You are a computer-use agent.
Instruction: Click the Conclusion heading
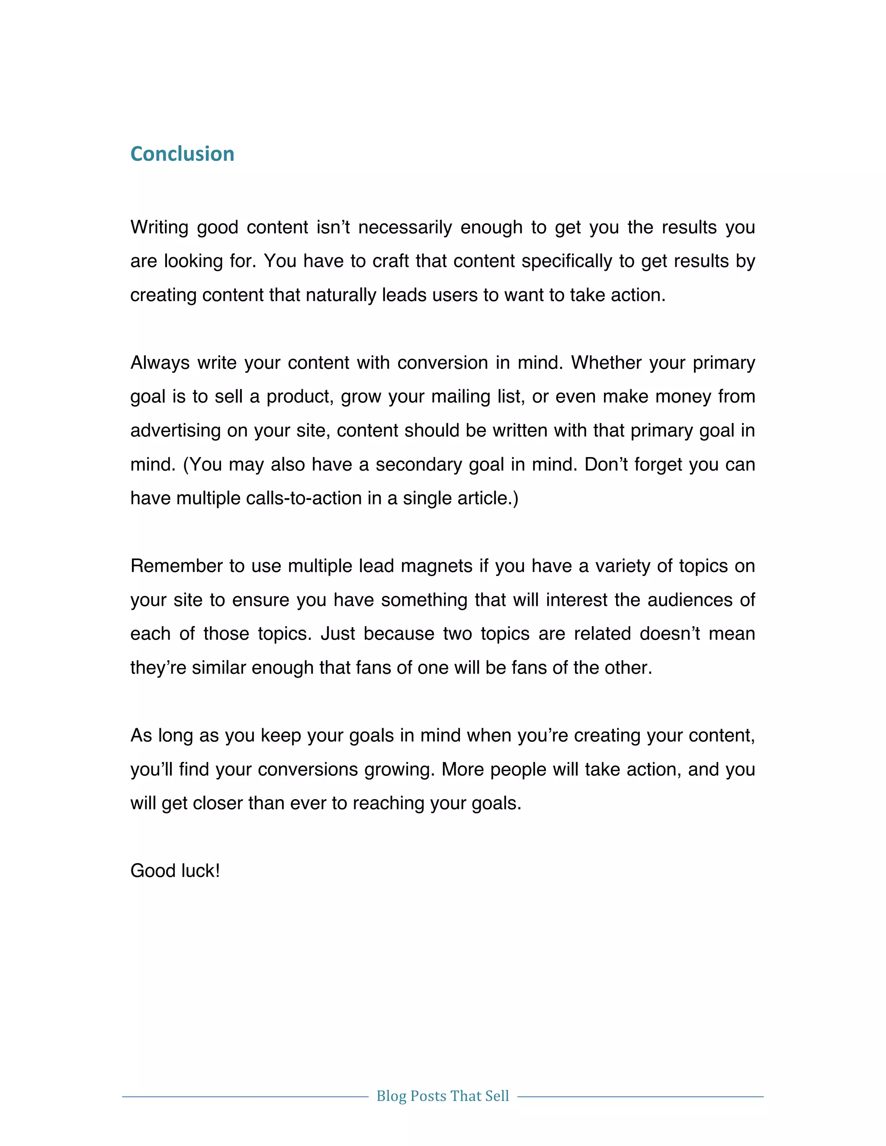(x=182, y=154)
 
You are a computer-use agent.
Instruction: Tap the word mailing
(x=455, y=397)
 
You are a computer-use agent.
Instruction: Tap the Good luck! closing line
(x=175, y=871)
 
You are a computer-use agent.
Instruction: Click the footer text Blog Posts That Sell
(x=443, y=1096)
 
